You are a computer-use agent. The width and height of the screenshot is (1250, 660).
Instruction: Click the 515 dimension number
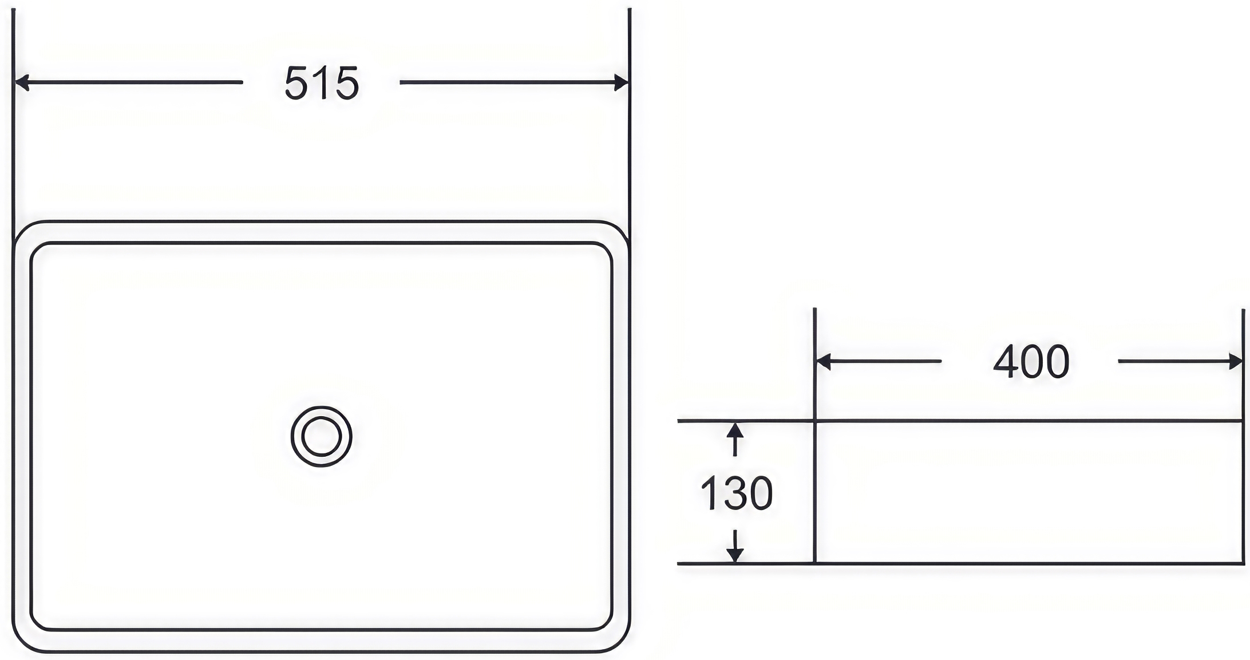point(322,83)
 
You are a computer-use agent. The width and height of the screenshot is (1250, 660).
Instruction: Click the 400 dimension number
point(1031,362)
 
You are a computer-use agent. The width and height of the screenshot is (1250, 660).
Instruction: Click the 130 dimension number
point(737,493)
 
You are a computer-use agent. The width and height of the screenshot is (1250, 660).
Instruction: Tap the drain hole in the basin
point(321,436)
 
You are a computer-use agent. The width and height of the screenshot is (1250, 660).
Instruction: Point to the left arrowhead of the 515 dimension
point(22,82)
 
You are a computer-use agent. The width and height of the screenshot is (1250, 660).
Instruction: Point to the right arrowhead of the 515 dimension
point(621,82)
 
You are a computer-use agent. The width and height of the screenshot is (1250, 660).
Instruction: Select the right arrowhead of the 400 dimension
point(1235,362)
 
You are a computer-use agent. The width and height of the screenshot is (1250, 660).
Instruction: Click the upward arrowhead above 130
point(735,430)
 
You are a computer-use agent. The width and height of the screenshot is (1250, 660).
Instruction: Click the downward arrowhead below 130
point(735,555)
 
